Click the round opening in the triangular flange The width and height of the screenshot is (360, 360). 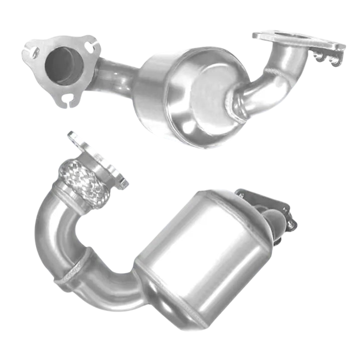(65, 65)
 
